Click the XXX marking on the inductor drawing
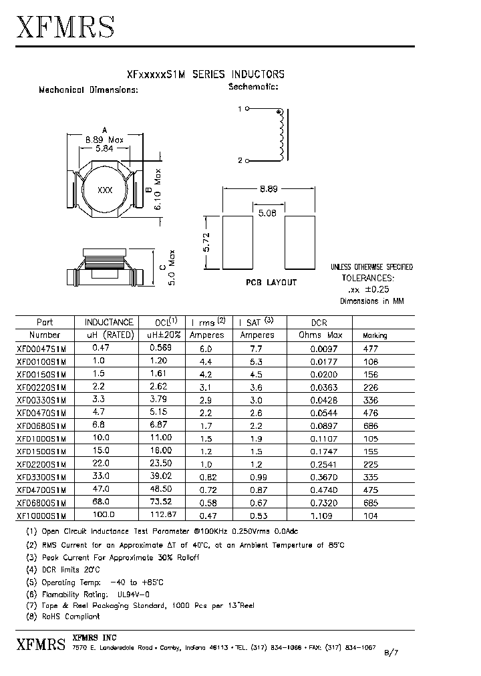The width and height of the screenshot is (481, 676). (x=105, y=190)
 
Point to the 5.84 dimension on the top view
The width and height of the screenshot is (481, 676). (x=105, y=150)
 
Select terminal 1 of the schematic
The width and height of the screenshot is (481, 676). (x=247, y=109)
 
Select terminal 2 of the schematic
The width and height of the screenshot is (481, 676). (x=247, y=161)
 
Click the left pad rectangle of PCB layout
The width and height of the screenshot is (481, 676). (x=238, y=242)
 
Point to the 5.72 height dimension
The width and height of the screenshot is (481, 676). (x=207, y=242)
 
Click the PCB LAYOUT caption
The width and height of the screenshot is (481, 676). (x=271, y=283)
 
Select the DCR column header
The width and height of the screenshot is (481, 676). (x=320, y=322)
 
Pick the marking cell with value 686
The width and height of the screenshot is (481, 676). (x=370, y=426)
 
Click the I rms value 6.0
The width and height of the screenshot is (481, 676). (x=205, y=349)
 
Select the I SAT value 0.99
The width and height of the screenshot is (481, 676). (x=258, y=478)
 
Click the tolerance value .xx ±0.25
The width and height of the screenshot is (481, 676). (x=369, y=289)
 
